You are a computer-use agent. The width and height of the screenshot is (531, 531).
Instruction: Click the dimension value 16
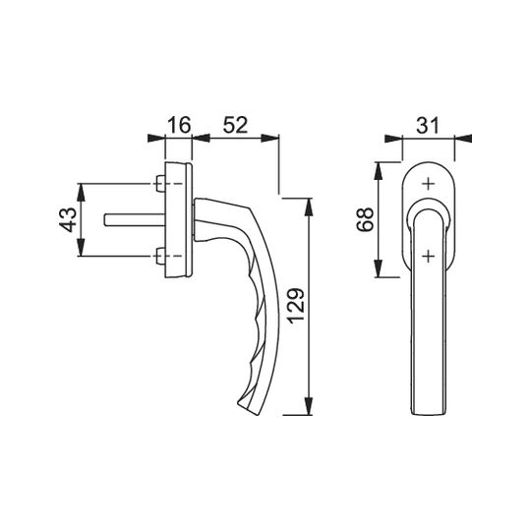[180, 125]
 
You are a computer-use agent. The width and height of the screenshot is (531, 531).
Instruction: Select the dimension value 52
[235, 125]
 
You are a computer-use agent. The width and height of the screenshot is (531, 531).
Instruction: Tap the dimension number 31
[428, 125]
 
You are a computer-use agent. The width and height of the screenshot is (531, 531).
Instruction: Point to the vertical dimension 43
[69, 220]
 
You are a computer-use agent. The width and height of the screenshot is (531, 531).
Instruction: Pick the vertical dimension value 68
[366, 219]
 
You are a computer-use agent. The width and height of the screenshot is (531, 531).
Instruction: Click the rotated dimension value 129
[297, 306]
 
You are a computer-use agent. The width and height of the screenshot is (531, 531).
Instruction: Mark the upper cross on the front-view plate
[429, 184]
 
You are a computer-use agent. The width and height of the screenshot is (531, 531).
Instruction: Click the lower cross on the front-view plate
[429, 257]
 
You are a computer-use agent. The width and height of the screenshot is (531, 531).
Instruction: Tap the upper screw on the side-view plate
[160, 184]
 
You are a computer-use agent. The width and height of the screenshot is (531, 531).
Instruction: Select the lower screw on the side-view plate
[160, 256]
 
